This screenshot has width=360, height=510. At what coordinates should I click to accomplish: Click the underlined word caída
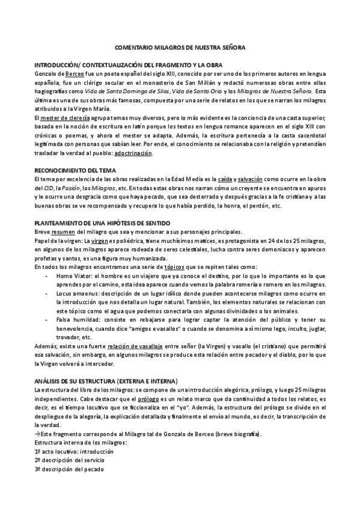tap(225, 180)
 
